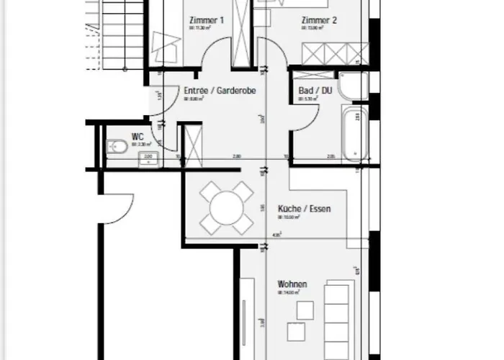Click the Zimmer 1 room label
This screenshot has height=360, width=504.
coord(205,21)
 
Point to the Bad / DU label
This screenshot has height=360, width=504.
coord(315,91)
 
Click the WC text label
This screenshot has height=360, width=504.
coord(137,135)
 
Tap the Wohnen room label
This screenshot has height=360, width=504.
coord(292,284)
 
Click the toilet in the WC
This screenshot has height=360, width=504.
coord(117,148)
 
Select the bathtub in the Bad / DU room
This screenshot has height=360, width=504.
coord(356,134)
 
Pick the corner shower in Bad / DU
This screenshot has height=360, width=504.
coord(354,86)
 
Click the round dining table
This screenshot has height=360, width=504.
coord(226,207)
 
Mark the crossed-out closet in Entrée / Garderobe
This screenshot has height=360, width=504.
coord(193,143)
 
